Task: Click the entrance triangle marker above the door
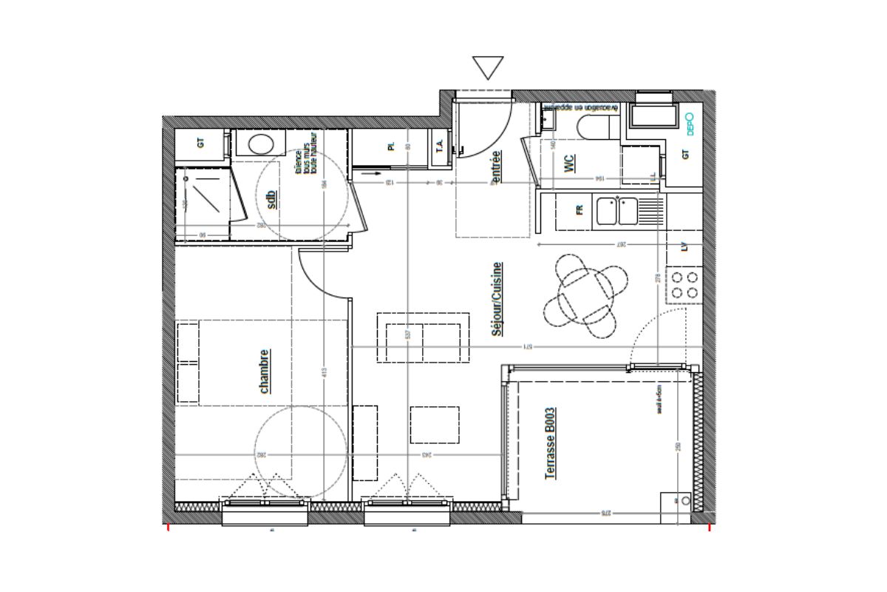point(488,67)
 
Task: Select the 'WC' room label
point(570,164)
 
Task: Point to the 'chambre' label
point(264,371)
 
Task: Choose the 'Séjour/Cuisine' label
point(497,299)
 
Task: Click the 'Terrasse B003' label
point(550,443)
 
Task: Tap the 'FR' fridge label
point(579,210)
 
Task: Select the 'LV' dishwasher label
point(684,247)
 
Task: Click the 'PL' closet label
point(391,146)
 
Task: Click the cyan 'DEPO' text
point(690,123)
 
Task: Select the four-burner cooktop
point(683,285)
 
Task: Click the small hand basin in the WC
point(547,119)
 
